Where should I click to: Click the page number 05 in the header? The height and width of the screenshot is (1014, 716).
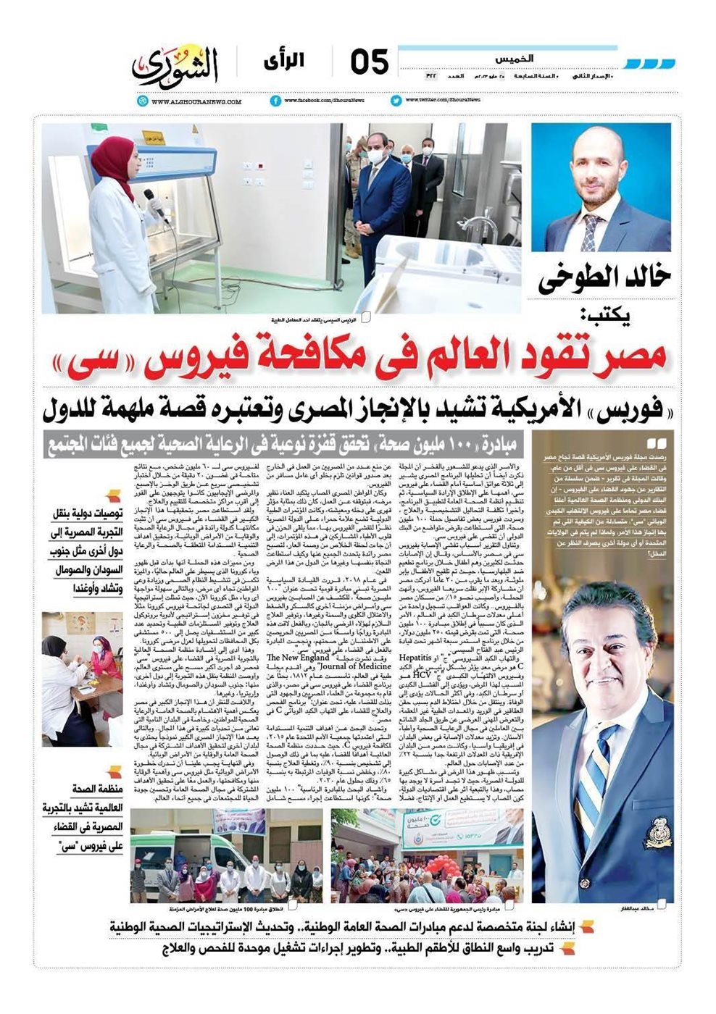(x=370, y=64)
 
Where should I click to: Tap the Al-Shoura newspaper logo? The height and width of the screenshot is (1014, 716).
(x=175, y=66)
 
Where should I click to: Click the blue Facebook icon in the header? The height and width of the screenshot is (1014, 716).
(x=275, y=101)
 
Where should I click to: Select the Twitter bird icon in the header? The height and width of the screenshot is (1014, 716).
(x=396, y=101)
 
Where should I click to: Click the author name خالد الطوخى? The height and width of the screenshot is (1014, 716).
(x=604, y=279)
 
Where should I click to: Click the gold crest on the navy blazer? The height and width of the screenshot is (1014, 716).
(x=658, y=826)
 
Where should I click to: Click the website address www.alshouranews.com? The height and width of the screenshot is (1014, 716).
(x=195, y=102)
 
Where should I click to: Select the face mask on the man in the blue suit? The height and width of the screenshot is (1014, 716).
(x=375, y=156)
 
